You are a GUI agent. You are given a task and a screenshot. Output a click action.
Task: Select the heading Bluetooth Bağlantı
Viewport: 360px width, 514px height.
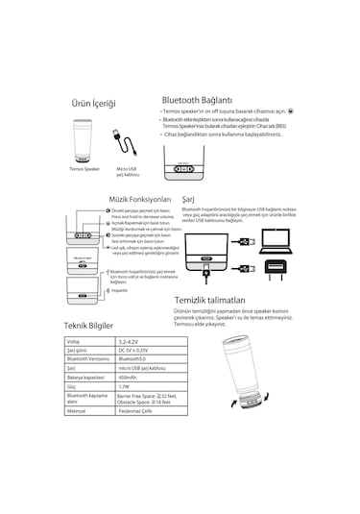[198, 99]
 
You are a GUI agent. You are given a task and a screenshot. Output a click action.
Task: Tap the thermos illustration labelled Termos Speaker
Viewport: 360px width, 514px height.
[84, 140]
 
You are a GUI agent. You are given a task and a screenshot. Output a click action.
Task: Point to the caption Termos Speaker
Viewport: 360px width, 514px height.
[84, 168]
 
